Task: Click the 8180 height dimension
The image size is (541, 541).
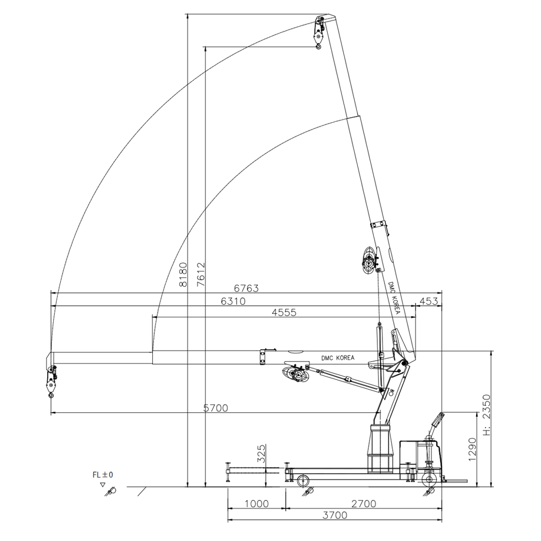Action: (x=183, y=275)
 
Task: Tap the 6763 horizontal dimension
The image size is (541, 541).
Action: (x=246, y=288)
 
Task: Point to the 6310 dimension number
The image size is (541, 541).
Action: (x=233, y=301)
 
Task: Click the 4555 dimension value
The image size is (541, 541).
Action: (x=284, y=312)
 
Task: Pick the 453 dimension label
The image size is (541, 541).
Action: (x=428, y=301)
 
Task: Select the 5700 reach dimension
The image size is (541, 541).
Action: (x=216, y=408)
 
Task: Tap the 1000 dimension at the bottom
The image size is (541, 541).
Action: (x=257, y=504)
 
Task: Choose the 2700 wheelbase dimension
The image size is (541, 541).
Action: (x=364, y=504)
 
